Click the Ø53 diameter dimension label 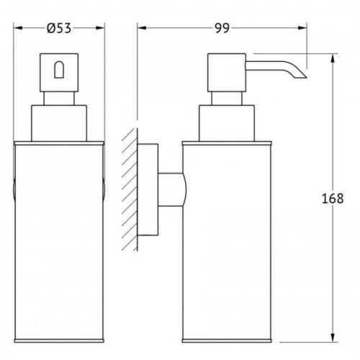tap(59, 28)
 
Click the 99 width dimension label tap(222, 28)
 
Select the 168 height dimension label tap(333, 199)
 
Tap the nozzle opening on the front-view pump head tap(59, 70)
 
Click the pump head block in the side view tap(227, 73)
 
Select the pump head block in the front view tap(59, 73)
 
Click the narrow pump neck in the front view tap(59, 99)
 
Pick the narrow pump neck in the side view tap(227, 99)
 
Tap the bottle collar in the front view tap(59, 123)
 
